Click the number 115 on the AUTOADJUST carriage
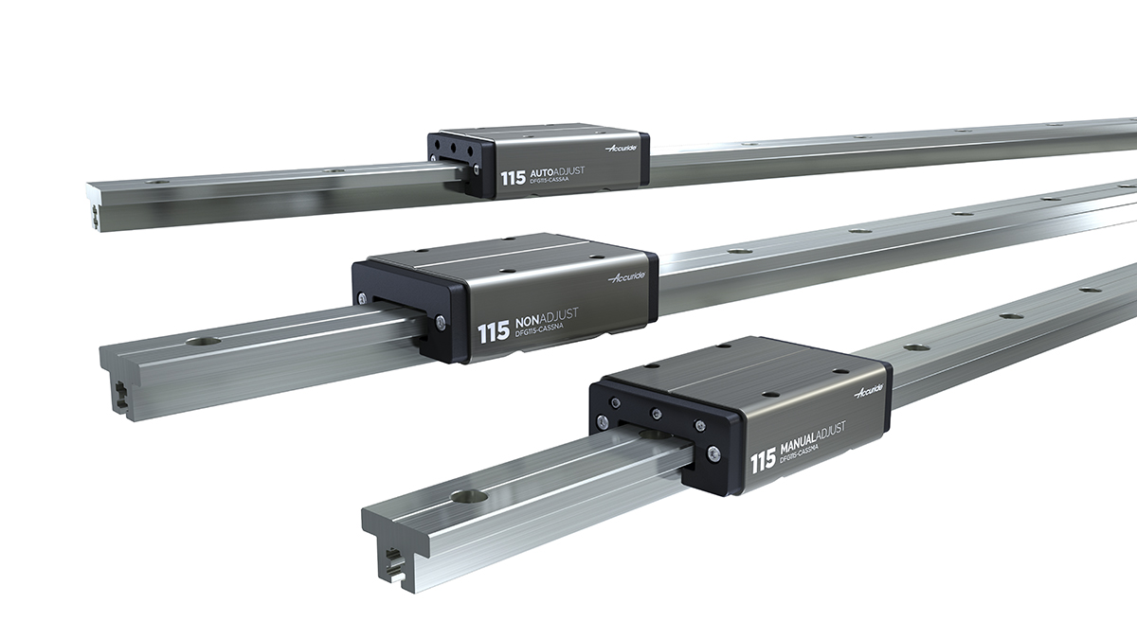click(x=513, y=177)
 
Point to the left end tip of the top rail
click(x=96, y=203)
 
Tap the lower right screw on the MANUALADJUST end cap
click(x=714, y=455)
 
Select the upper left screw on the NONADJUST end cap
click(x=362, y=300)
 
